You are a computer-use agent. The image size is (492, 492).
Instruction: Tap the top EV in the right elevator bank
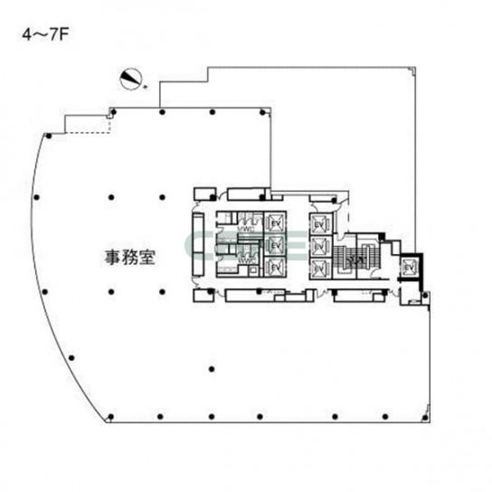[319, 223]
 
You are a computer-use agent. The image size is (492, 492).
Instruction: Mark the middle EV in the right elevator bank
[319, 245]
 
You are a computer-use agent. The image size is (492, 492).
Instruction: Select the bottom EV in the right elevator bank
[319, 267]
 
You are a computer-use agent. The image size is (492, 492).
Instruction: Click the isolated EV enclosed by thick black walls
[410, 268]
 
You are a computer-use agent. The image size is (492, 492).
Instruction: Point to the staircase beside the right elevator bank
[349, 256]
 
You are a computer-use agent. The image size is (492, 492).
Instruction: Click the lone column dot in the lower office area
[212, 370]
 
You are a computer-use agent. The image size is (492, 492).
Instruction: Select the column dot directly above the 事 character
[110, 197]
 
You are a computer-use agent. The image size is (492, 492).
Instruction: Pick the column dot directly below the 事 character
[110, 291]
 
